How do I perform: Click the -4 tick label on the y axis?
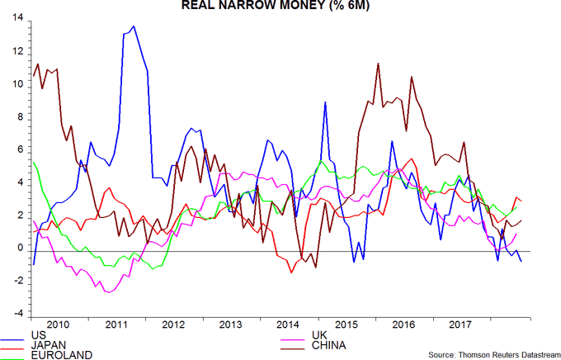point(17,315)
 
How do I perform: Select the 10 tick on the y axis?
point(17,84)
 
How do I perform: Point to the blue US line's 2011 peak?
point(134,26)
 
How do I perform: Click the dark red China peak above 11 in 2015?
point(377,63)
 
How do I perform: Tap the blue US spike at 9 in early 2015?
point(326,102)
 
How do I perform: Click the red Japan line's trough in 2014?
point(291,272)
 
